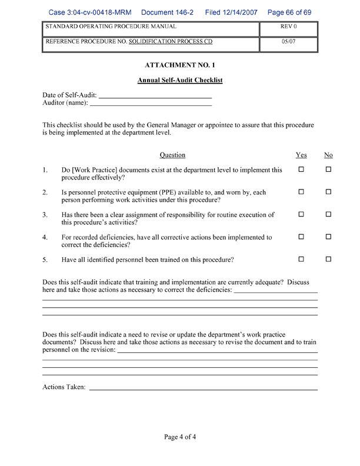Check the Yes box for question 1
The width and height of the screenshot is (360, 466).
click(301, 170)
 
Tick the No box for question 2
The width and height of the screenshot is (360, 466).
click(328, 192)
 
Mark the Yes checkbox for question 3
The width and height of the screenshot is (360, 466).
click(301, 215)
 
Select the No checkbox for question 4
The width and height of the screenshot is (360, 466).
click(328, 237)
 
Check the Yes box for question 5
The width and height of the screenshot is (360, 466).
click(301, 259)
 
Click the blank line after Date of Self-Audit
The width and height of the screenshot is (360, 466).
click(155, 95)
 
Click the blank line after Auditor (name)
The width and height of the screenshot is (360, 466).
click(151, 104)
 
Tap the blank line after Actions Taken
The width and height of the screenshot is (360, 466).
click(203, 388)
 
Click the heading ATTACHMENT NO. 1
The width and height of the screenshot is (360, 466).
click(180, 65)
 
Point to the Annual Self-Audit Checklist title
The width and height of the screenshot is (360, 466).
click(180, 80)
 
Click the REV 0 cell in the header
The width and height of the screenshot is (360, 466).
click(288, 27)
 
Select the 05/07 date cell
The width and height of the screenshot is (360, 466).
click(288, 42)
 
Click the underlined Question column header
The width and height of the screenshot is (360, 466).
click(172, 155)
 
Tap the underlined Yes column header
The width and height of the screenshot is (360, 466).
click(301, 155)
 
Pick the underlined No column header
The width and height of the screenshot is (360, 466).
click(328, 155)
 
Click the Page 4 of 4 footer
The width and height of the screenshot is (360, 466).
click(180, 437)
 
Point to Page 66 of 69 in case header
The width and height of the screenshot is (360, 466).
click(289, 12)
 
